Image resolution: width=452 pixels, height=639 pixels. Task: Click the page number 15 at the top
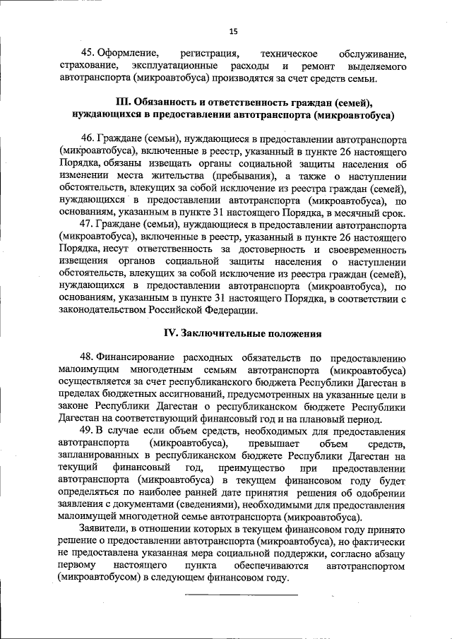(x=233, y=31)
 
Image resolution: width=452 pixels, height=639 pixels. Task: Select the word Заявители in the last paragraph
(x=107, y=529)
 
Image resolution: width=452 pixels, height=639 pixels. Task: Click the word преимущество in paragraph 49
(x=258, y=467)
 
